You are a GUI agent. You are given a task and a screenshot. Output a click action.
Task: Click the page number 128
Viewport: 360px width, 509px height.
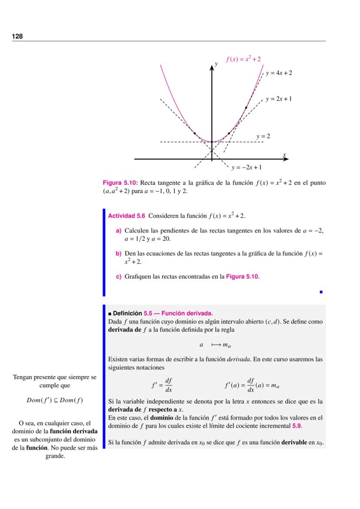tap(17, 37)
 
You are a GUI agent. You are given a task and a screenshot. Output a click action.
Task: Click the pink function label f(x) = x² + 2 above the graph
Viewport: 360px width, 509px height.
tap(243, 59)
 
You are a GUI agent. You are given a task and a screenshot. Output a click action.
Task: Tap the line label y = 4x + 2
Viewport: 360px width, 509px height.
tap(279, 73)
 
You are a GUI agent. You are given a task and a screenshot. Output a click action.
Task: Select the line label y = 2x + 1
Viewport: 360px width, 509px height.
tap(279, 99)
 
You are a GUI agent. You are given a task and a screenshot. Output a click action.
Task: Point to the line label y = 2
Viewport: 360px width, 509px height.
tap(263, 136)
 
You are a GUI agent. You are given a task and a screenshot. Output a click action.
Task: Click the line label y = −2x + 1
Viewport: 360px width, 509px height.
tap(246, 167)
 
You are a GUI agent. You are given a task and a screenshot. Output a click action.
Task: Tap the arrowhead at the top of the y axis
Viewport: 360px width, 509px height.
tap(212, 65)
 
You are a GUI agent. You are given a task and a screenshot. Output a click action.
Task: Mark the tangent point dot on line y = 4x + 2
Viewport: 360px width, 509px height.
tap(246, 107)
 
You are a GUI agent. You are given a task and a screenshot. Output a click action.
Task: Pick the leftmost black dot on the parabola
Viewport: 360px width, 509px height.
tap(194, 133)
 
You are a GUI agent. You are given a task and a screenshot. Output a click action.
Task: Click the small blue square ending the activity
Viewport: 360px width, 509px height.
tap(321, 292)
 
